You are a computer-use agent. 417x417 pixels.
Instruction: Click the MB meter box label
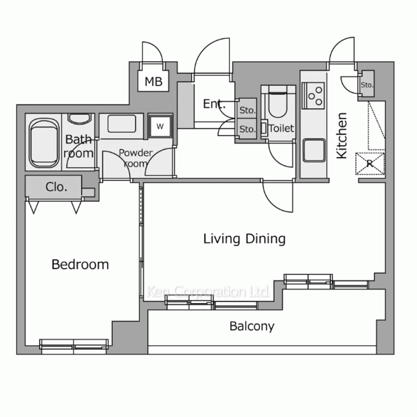click(x=153, y=82)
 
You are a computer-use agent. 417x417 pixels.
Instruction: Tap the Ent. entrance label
click(x=214, y=104)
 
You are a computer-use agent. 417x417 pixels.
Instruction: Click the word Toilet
click(x=281, y=128)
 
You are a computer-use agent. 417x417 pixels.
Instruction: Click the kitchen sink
click(x=314, y=150)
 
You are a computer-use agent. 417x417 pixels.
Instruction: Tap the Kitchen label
click(x=342, y=136)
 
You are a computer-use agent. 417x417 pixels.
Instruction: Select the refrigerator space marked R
click(x=370, y=163)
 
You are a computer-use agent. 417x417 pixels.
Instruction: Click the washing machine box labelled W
click(x=160, y=127)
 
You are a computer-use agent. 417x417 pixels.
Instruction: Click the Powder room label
click(x=136, y=158)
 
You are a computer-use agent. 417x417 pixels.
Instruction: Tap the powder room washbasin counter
click(x=121, y=126)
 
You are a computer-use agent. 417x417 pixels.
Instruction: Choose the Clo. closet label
click(x=56, y=187)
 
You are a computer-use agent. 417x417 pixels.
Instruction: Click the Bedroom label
click(x=80, y=264)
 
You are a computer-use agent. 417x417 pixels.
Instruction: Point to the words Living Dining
click(x=244, y=239)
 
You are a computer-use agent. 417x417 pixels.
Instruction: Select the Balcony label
click(x=252, y=326)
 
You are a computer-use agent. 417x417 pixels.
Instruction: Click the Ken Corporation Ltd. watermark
click(x=208, y=291)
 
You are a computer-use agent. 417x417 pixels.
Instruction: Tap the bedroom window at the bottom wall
click(x=74, y=346)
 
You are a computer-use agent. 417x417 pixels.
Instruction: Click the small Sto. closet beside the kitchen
click(x=367, y=84)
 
